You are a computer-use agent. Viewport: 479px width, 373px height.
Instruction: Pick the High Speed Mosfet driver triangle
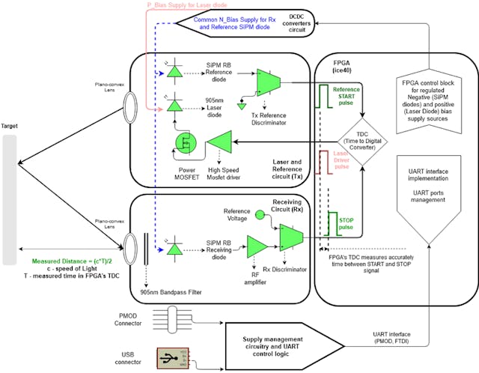point(218,143)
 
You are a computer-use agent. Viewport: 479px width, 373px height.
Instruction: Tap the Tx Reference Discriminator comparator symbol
point(266,82)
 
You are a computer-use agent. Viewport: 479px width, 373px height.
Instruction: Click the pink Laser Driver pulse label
point(341,160)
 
